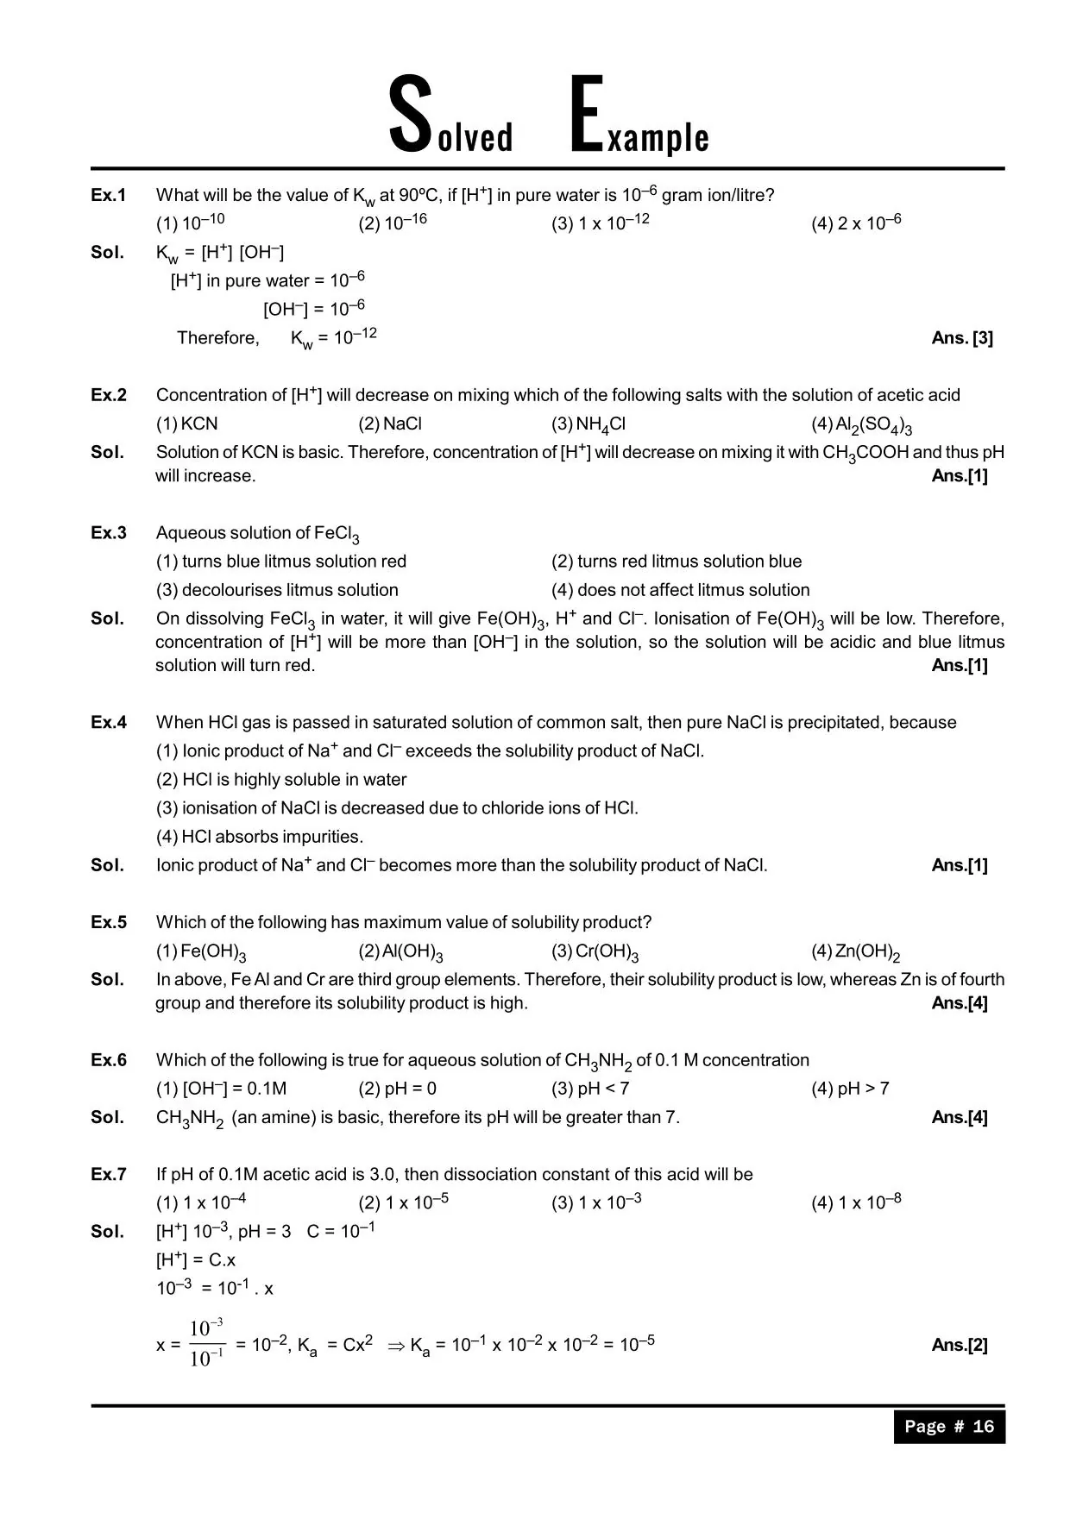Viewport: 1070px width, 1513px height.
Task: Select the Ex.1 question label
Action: [x=109, y=195]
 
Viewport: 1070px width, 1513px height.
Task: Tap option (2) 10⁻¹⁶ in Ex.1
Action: [x=393, y=223]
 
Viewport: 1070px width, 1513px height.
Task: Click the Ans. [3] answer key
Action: [x=962, y=338]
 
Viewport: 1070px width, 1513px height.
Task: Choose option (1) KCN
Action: [x=187, y=424]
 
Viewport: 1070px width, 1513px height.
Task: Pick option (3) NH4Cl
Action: [x=588, y=424]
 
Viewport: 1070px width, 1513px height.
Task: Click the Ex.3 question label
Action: [x=109, y=533]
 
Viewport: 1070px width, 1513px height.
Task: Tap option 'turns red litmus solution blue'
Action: [x=677, y=562]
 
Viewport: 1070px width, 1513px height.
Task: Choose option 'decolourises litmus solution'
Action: [x=277, y=590]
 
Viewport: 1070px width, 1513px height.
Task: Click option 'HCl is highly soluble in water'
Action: [x=281, y=780]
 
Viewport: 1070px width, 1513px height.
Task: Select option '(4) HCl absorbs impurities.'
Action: [x=260, y=837]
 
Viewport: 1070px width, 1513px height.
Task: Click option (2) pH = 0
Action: [x=398, y=1089]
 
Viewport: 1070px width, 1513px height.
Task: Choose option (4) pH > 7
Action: [x=850, y=1089]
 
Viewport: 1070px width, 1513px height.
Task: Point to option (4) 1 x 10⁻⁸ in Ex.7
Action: [x=856, y=1202]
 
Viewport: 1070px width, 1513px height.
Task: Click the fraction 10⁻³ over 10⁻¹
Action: [x=207, y=1344]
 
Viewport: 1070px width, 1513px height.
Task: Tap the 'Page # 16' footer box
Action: [x=949, y=1426]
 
